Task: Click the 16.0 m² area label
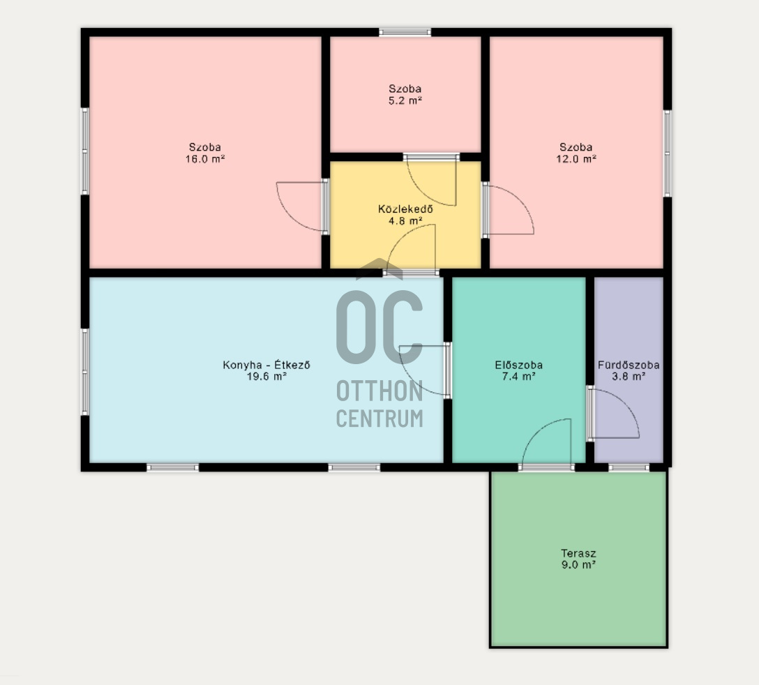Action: [205, 159]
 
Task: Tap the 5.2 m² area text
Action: [405, 100]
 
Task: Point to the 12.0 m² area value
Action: [576, 159]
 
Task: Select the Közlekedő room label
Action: [405, 209]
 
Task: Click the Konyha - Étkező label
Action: [266, 365]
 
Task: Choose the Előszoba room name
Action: [518, 365]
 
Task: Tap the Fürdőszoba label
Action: [629, 365]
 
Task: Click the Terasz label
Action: [578, 553]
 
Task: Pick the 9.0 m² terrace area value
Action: [578, 564]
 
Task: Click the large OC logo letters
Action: [379, 327]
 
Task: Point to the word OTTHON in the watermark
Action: [379, 391]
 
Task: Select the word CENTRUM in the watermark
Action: [379, 419]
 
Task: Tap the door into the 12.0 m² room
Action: [508, 209]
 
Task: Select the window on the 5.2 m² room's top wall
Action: [405, 32]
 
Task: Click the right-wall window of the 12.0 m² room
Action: [667, 153]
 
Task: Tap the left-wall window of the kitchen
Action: [84, 372]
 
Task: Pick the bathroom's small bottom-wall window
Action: [629, 467]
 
